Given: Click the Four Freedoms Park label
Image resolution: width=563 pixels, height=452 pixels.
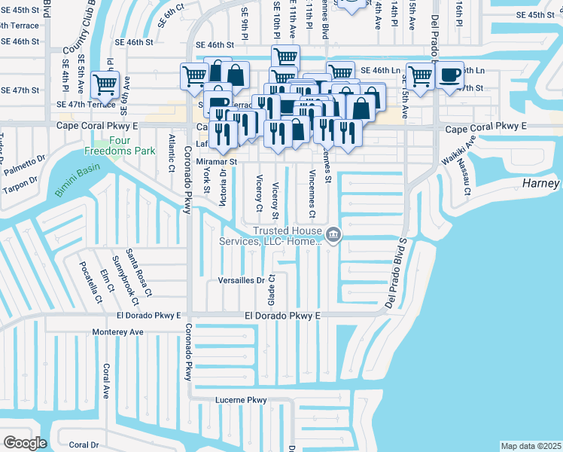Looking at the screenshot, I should [x=131, y=145].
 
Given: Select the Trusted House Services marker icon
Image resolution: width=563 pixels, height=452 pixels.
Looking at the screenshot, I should [x=334, y=237].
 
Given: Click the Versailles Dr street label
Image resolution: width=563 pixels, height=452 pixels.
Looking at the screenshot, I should [x=241, y=280].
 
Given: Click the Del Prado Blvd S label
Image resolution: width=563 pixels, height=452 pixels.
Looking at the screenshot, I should [x=396, y=273].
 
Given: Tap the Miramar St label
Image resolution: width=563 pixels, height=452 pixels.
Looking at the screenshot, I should [x=216, y=161].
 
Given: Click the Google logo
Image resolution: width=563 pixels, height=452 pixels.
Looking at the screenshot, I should [x=25, y=443].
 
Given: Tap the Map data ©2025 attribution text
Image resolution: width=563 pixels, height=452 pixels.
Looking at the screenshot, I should [x=531, y=446].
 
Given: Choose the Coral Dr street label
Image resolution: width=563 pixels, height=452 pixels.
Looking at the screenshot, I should [x=84, y=444].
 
